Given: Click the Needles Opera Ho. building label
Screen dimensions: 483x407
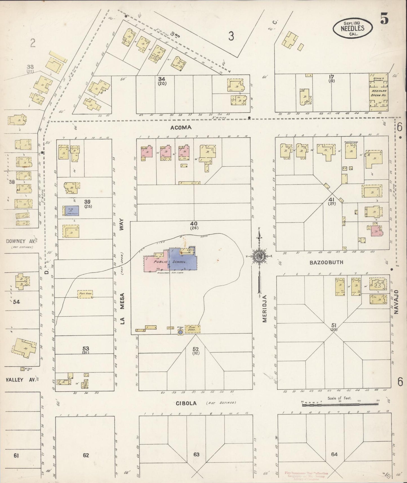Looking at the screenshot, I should click(379, 93).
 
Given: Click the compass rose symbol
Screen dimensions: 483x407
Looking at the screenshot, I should click(259, 256).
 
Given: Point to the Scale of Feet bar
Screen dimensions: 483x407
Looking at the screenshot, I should click(340, 404).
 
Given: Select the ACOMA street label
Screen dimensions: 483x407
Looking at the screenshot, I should click(181, 128).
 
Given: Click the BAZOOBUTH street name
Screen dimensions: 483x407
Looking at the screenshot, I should click(326, 262).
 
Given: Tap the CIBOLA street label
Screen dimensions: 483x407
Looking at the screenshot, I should click(186, 403).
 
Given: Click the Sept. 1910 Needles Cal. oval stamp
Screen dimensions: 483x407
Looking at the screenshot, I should click(352, 28).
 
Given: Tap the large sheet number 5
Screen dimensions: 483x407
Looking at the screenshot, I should click(384, 19).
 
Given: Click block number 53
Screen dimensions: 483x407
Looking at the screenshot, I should click(86, 349).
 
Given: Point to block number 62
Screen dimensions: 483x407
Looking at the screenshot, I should click(86, 455).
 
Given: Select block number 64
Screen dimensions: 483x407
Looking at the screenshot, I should click(334, 454).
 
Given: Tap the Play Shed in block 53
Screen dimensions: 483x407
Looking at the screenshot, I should click(85, 294).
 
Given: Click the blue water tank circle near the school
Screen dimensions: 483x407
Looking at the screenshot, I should click(180, 333).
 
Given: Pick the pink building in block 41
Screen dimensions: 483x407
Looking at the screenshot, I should click(375, 230).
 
